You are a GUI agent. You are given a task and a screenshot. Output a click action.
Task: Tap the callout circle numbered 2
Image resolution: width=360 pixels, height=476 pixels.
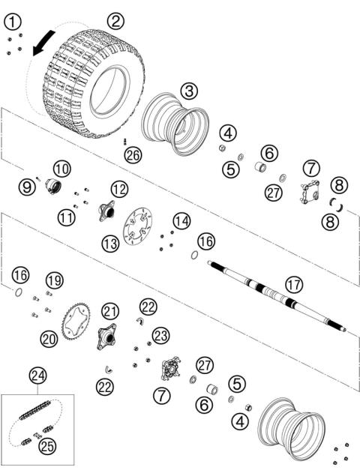pyautogui.click(x=114, y=21)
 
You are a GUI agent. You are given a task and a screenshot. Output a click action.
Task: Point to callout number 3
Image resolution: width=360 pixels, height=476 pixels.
pyautogui.click(x=189, y=90)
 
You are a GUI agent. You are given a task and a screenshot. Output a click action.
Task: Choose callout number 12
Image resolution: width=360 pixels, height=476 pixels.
pyautogui.click(x=119, y=187)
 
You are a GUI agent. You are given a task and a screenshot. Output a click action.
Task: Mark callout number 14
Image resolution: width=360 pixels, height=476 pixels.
pyautogui.click(x=181, y=220)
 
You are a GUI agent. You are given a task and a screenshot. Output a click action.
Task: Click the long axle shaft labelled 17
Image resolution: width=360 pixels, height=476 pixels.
pyautogui.click(x=277, y=295)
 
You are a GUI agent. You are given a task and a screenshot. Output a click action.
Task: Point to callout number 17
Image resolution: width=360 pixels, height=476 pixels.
pyautogui.click(x=293, y=284)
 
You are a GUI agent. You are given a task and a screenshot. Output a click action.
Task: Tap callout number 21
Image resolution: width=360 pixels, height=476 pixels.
pyautogui.click(x=110, y=310)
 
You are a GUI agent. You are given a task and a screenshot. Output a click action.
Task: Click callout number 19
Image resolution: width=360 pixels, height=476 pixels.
pyautogui.click(x=54, y=280)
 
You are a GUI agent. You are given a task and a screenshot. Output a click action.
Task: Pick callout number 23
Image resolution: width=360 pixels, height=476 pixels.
pyautogui.click(x=160, y=335)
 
